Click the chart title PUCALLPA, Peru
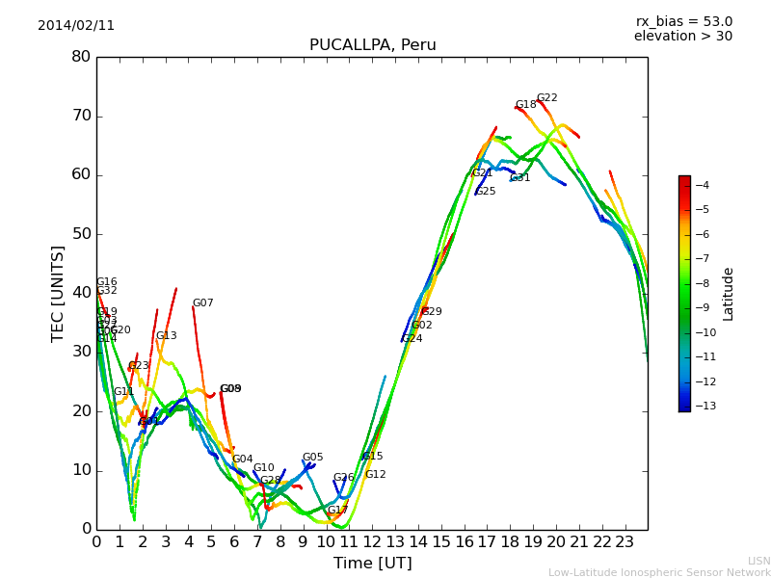click(372, 45)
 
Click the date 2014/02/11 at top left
click(76, 25)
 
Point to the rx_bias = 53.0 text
click(683, 21)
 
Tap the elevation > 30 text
click(682, 37)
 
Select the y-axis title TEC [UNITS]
click(58, 293)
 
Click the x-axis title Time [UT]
click(372, 564)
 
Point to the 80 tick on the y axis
click(81, 57)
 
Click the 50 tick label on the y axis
click(81, 234)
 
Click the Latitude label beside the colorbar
click(729, 294)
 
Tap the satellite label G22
click(546, 98)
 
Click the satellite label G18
click(525, 105)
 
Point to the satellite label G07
click(202, 303)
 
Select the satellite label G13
click(166, 336)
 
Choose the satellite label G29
click(432, 312)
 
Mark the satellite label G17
click(337, 511)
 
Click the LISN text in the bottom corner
click(758, 561)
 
